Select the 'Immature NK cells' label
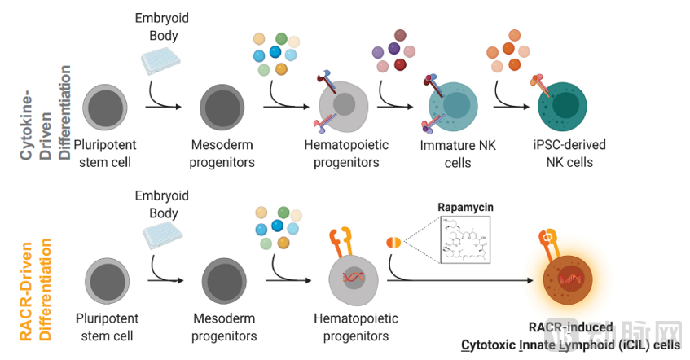pyautogui.click(x=457, y=154)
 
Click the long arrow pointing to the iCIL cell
pyautogui.click(x=464, y=282)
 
